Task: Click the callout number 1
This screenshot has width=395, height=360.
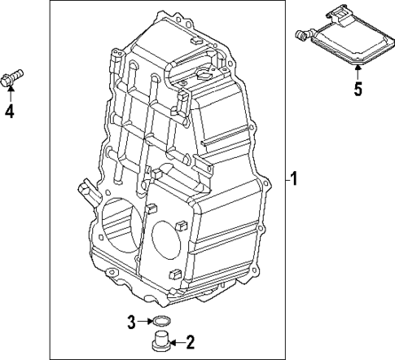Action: pyautogui.click(x=296, y=180)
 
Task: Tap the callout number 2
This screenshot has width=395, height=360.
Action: pyautogui.click(x=190, y=340)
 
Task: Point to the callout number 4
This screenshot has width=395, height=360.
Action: pyautogui.click(x=10, y=112)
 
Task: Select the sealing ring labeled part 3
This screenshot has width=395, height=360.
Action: pyautogui.click(x=162, y=320)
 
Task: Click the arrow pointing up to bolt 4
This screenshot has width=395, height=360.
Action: pyautogui.click(x=11, y=95)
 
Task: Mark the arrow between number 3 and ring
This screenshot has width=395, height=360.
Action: pyautogui.click(x=145, y=321)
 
